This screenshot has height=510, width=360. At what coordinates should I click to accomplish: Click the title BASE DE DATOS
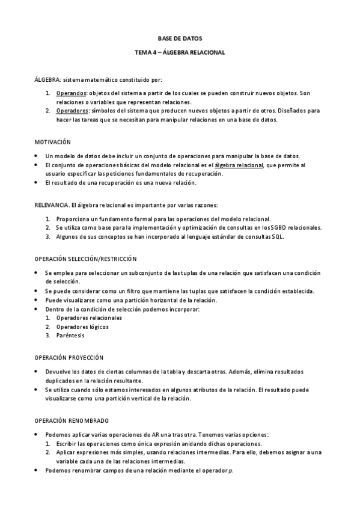[180, 37]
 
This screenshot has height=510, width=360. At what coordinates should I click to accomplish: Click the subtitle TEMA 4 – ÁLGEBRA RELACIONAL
[180, 52]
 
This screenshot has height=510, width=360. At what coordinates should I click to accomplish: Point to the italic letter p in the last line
[231, 471]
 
